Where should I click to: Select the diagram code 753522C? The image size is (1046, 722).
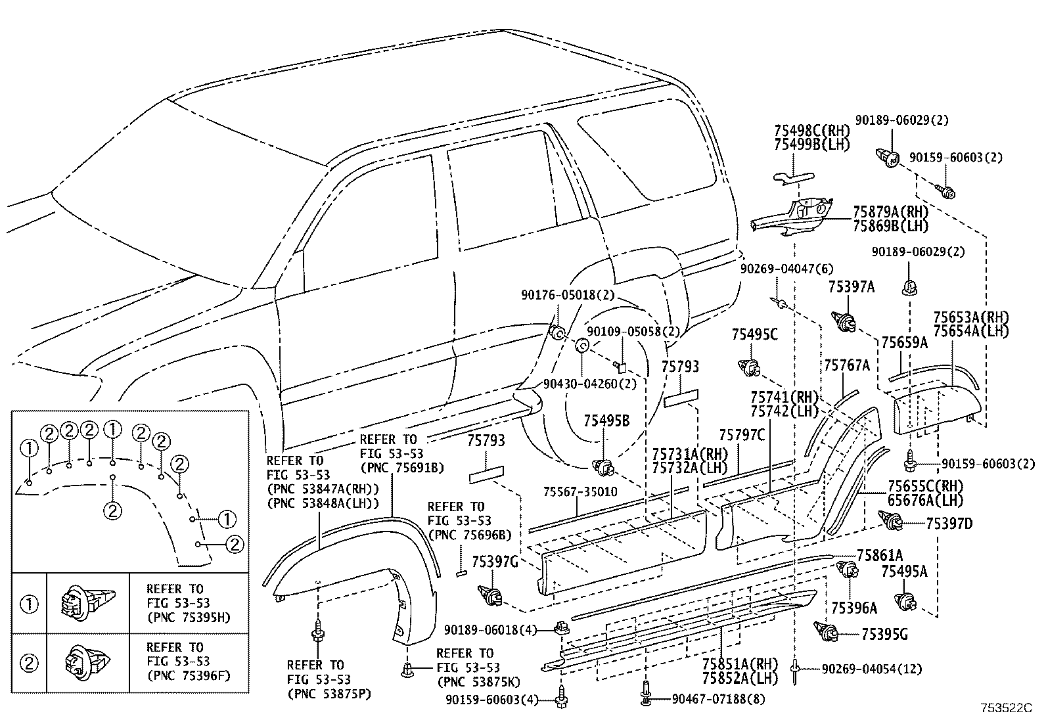point(1006,709)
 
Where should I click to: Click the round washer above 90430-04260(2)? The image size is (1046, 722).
point(582,346)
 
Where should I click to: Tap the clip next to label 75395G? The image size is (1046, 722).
point(827,633)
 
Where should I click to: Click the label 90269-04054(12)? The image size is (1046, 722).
point(871,669)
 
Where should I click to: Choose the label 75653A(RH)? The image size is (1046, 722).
point(970,317)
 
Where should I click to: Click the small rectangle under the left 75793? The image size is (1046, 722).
point(486,476)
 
